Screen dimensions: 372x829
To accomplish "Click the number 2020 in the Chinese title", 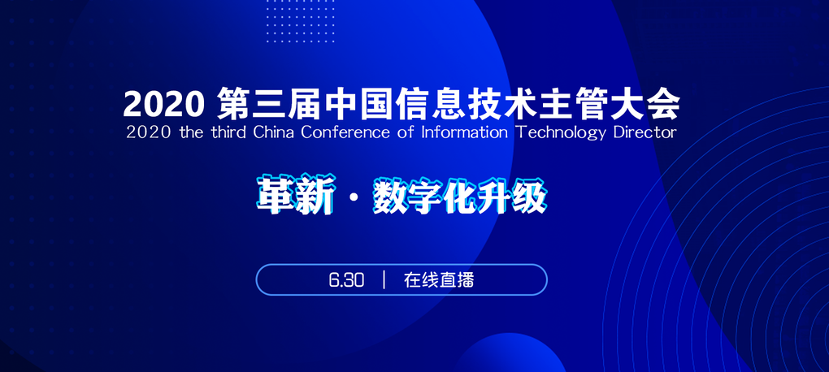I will pos(163,104).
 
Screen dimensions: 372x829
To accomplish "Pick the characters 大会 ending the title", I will pos(650,104).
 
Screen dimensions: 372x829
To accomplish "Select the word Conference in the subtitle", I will pos(345,132).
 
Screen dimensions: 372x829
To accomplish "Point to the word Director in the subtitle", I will pos(645,132).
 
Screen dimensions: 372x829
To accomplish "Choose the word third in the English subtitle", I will pos(222,132).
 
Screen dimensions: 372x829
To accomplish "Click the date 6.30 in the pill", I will pos(346,280).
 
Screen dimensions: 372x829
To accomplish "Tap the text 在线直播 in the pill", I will pos(439,280).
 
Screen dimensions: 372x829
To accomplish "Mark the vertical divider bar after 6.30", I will pos(383,280).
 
